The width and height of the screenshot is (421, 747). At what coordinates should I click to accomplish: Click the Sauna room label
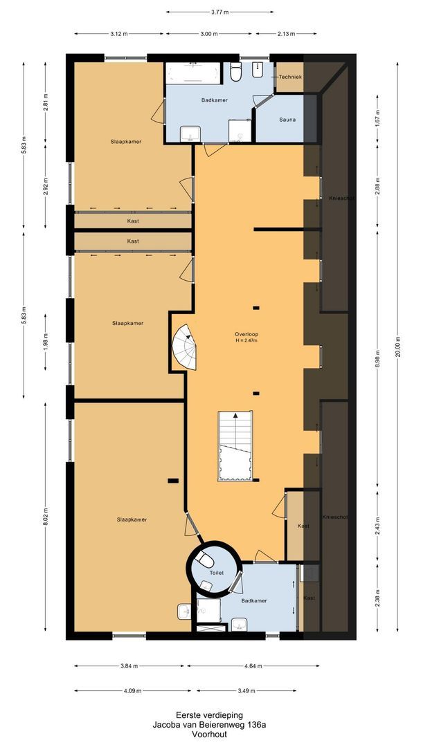[x=287, y=120]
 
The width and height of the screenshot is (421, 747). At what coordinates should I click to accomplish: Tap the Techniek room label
[x=290, y=77]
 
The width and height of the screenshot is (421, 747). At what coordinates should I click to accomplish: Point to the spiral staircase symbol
[x=185, y=347]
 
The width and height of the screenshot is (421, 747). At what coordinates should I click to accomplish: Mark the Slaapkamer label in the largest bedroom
[x=132, y=519]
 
